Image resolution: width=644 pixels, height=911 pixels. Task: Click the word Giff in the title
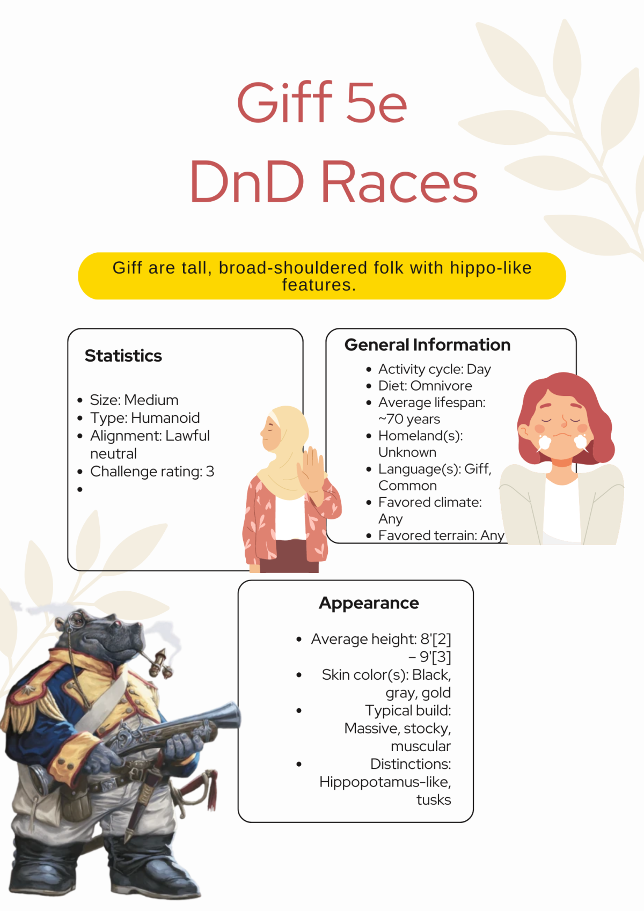(285, 102)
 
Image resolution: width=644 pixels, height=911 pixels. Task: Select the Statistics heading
(123, 356)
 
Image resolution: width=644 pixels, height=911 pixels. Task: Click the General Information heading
(427, 345)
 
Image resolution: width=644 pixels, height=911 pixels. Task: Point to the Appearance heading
(369, 603)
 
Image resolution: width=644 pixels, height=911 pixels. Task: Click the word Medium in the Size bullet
(151, 400)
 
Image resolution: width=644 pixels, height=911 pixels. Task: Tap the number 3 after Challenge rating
(210, 472)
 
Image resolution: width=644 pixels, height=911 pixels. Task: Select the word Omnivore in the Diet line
(441, 386)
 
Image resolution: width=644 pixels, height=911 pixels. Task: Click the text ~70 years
(409, 419)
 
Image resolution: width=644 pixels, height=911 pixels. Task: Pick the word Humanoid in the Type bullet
(166, 418)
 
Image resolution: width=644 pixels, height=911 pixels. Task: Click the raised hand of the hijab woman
(312, 471)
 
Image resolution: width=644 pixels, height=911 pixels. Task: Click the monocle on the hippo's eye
(76, 620)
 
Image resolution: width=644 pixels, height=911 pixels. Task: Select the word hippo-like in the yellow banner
(491, 268)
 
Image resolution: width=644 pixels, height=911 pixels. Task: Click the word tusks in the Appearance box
(434, 800)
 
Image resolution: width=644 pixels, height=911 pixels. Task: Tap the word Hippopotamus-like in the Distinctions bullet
(385, 782)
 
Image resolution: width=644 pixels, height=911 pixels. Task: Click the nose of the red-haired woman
(563, 423)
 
